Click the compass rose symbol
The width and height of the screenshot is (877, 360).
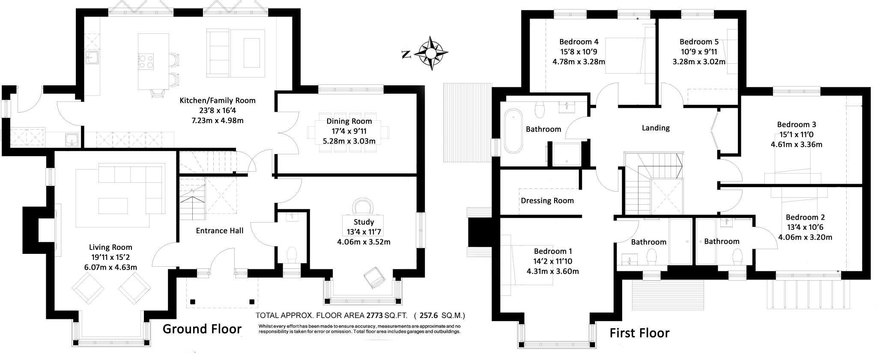click(431, 53)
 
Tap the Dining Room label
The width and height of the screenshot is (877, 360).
click(349, 121)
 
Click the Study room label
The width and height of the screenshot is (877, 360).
click(364, 222)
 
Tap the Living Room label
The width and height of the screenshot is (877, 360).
click(110, 247)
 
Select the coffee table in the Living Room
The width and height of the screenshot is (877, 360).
click(113, 205)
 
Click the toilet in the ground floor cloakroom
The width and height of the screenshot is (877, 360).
click(292, 256)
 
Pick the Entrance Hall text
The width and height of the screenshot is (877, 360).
click(219, 231)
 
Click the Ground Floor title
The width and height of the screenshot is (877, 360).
click(202, 329)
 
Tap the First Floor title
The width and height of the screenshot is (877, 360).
click(639, 333)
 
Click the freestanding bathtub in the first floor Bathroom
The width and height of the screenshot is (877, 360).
click(513, 131)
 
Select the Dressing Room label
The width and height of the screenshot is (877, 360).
click(547, 200)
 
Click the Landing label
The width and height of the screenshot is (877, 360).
click(655, 128)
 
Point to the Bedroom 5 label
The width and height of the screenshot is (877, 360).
click(699, 42)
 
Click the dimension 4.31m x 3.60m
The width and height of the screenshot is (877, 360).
click(552, 271)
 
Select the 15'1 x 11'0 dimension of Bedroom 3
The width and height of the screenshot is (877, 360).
click(796, 134)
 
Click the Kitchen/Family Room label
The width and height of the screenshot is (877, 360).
click(217, 101)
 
